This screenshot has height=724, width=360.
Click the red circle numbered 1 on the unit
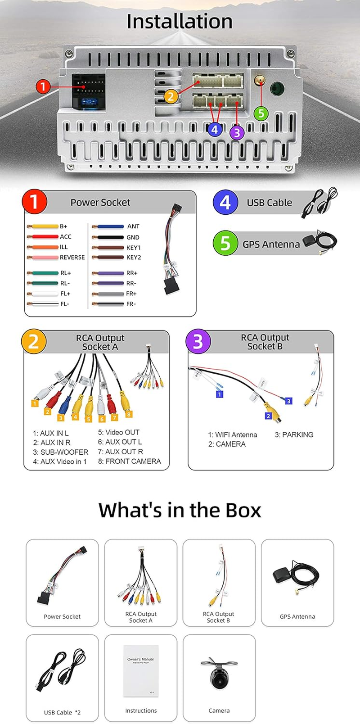43,86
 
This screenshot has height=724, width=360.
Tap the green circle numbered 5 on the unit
261,113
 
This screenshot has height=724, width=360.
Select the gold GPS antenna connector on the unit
260,81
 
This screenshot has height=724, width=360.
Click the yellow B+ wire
44,226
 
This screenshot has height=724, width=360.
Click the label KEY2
134,258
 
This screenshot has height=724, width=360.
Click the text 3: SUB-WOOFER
60,452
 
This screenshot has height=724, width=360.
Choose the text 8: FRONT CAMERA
129,461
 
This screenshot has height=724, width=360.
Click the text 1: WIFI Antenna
232,434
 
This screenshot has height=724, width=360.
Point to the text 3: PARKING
294,434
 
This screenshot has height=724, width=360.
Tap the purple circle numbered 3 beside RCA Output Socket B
198,341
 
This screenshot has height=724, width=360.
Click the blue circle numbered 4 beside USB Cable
225,202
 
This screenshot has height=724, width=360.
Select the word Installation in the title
180,21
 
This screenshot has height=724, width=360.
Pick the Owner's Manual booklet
141,671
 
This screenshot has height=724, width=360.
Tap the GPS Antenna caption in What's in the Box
297,616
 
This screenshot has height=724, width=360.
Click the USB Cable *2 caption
62,712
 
